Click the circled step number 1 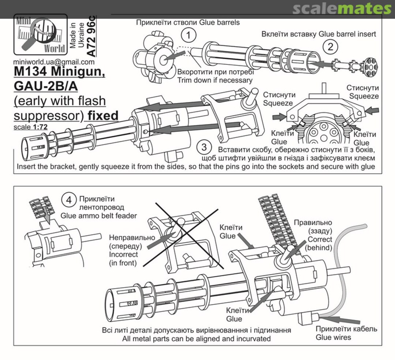(188, 35)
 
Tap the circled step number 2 (330, 46)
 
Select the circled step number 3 (204, 147)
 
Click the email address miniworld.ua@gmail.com (54, 62)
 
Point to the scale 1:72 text (30, 127)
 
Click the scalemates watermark (342, 9)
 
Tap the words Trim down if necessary (215, 80)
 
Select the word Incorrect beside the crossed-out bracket (123, 254)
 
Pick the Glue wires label (333, 337)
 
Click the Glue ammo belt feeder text (99, 216)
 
